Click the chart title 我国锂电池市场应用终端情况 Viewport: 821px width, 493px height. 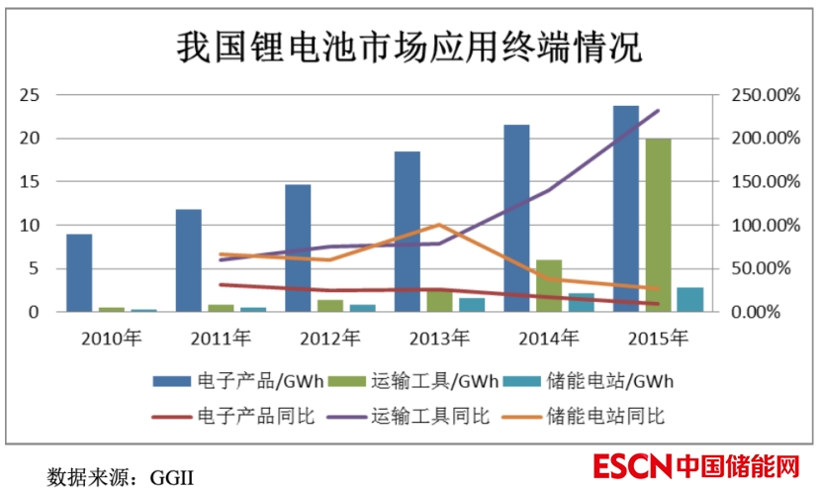point(409,46)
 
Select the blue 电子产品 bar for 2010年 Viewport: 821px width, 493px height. point(79,273)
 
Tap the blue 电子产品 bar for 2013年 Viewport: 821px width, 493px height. point(407,232)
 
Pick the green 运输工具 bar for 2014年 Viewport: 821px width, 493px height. point(548,286)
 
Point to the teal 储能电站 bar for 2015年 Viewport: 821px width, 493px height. point(690,300)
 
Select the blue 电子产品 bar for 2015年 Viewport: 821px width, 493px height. point(625,209)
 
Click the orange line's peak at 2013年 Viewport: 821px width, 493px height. point(438,226)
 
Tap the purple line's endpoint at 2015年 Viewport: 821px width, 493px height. point(658,111)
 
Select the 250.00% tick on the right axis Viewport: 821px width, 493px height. point(758,95)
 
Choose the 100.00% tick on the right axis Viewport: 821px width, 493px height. point(758,226)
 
